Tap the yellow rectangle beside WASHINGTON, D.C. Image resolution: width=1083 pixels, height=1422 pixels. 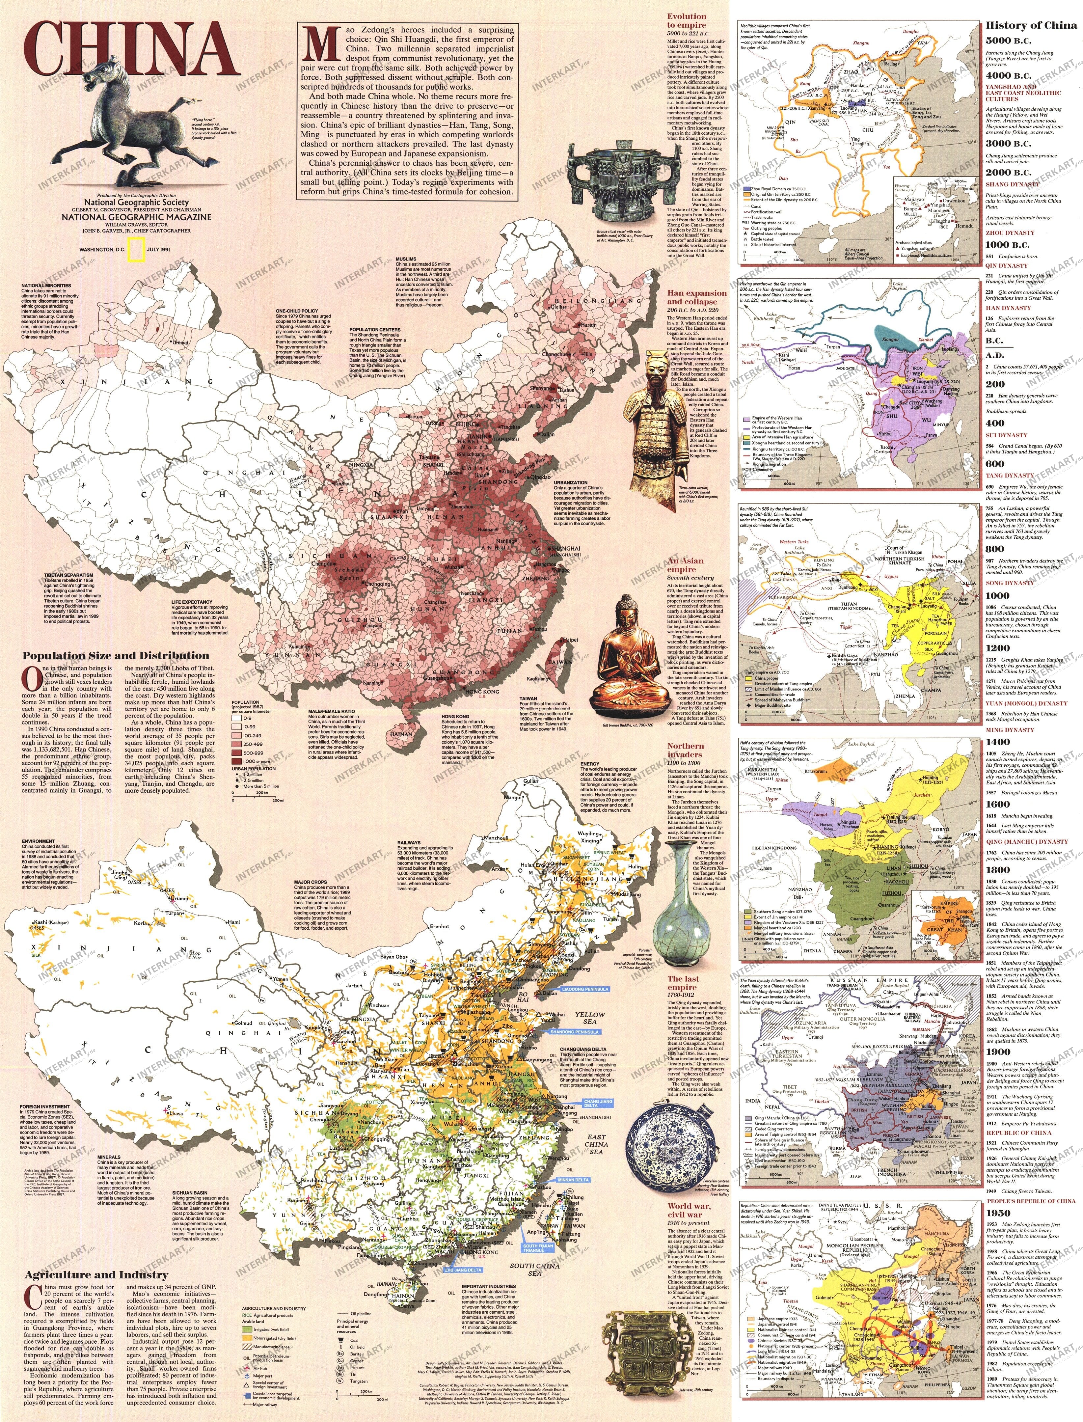tap(135, 249)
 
